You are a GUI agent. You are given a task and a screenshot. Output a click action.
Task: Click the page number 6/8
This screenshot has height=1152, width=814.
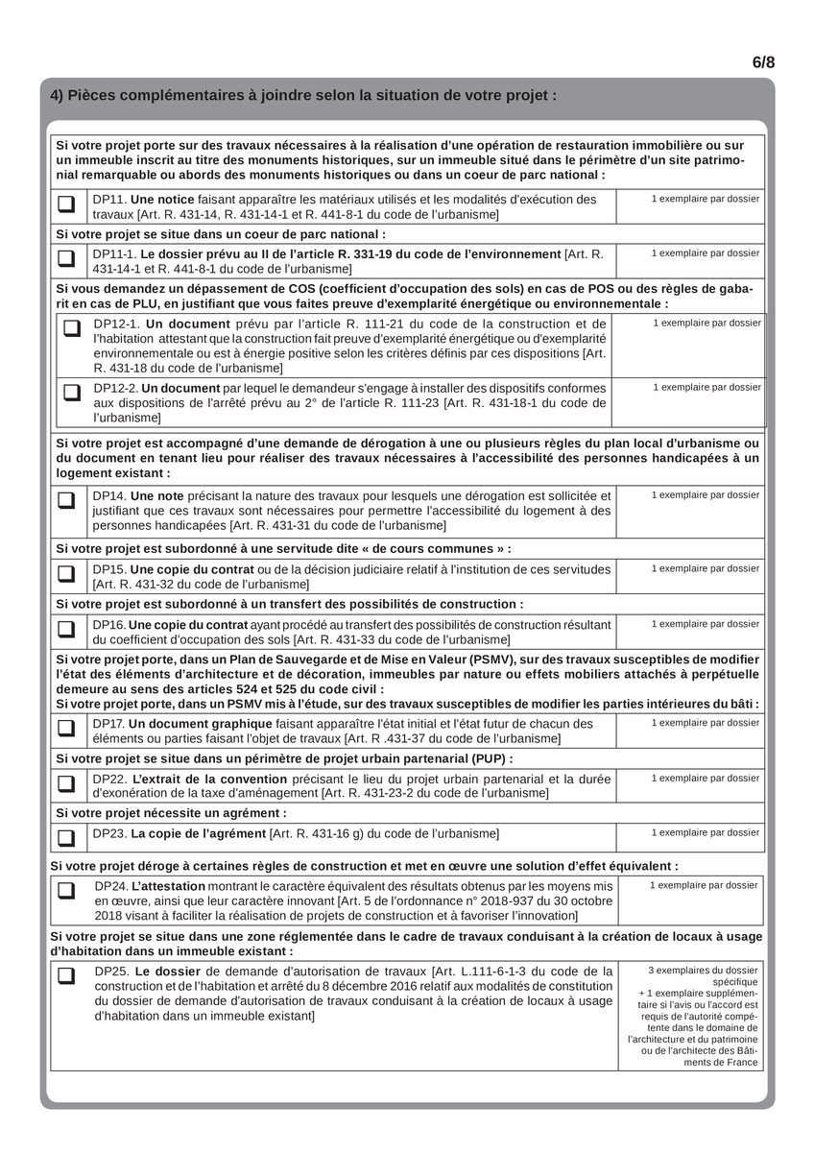763,62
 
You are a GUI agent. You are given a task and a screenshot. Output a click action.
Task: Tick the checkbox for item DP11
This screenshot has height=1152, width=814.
66,204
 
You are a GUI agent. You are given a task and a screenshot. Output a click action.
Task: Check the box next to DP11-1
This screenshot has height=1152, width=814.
66,258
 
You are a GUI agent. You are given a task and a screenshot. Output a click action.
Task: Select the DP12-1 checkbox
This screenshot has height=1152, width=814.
72,328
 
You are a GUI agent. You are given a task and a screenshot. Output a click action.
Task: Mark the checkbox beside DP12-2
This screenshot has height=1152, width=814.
72,392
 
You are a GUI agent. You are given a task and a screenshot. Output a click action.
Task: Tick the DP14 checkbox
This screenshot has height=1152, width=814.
66,500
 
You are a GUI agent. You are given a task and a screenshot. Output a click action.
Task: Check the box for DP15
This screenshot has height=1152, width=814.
66,573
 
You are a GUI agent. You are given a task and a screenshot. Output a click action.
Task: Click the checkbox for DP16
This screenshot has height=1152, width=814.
66,629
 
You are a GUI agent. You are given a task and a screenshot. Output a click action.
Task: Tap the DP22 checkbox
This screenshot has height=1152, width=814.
66,783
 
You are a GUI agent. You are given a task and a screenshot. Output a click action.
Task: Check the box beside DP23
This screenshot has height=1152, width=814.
66,837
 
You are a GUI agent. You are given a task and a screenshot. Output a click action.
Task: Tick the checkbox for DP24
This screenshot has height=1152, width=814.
66,890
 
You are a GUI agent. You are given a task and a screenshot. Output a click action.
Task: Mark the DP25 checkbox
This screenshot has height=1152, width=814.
66,976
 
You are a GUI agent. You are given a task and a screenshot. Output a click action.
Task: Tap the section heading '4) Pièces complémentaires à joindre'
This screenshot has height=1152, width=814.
303,96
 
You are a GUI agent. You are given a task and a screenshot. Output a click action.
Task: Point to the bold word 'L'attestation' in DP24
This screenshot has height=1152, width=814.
168,886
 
